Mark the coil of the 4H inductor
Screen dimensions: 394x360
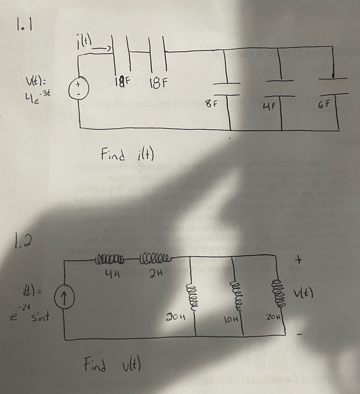click(x=111, y=260)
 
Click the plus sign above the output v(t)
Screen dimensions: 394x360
click(x=299, y=261)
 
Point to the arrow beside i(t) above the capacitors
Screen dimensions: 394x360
click(x=103, y=48)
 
